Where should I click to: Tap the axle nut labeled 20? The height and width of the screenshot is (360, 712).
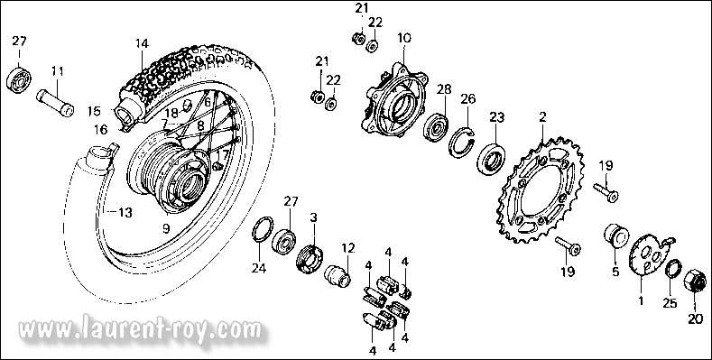695,281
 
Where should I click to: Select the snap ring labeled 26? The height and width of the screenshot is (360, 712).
461,143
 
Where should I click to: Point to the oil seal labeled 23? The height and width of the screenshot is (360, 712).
491,158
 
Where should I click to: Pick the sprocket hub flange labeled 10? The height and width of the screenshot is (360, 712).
394,100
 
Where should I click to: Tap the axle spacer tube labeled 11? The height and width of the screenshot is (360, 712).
55,103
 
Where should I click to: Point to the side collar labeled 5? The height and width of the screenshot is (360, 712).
615,235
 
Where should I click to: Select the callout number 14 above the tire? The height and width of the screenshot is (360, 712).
142,43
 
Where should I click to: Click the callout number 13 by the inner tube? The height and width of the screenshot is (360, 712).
125,212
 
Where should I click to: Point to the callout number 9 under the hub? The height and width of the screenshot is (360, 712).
166,227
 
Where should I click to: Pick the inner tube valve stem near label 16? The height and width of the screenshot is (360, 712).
114,149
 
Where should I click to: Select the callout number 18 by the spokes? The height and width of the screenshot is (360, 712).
171,113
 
